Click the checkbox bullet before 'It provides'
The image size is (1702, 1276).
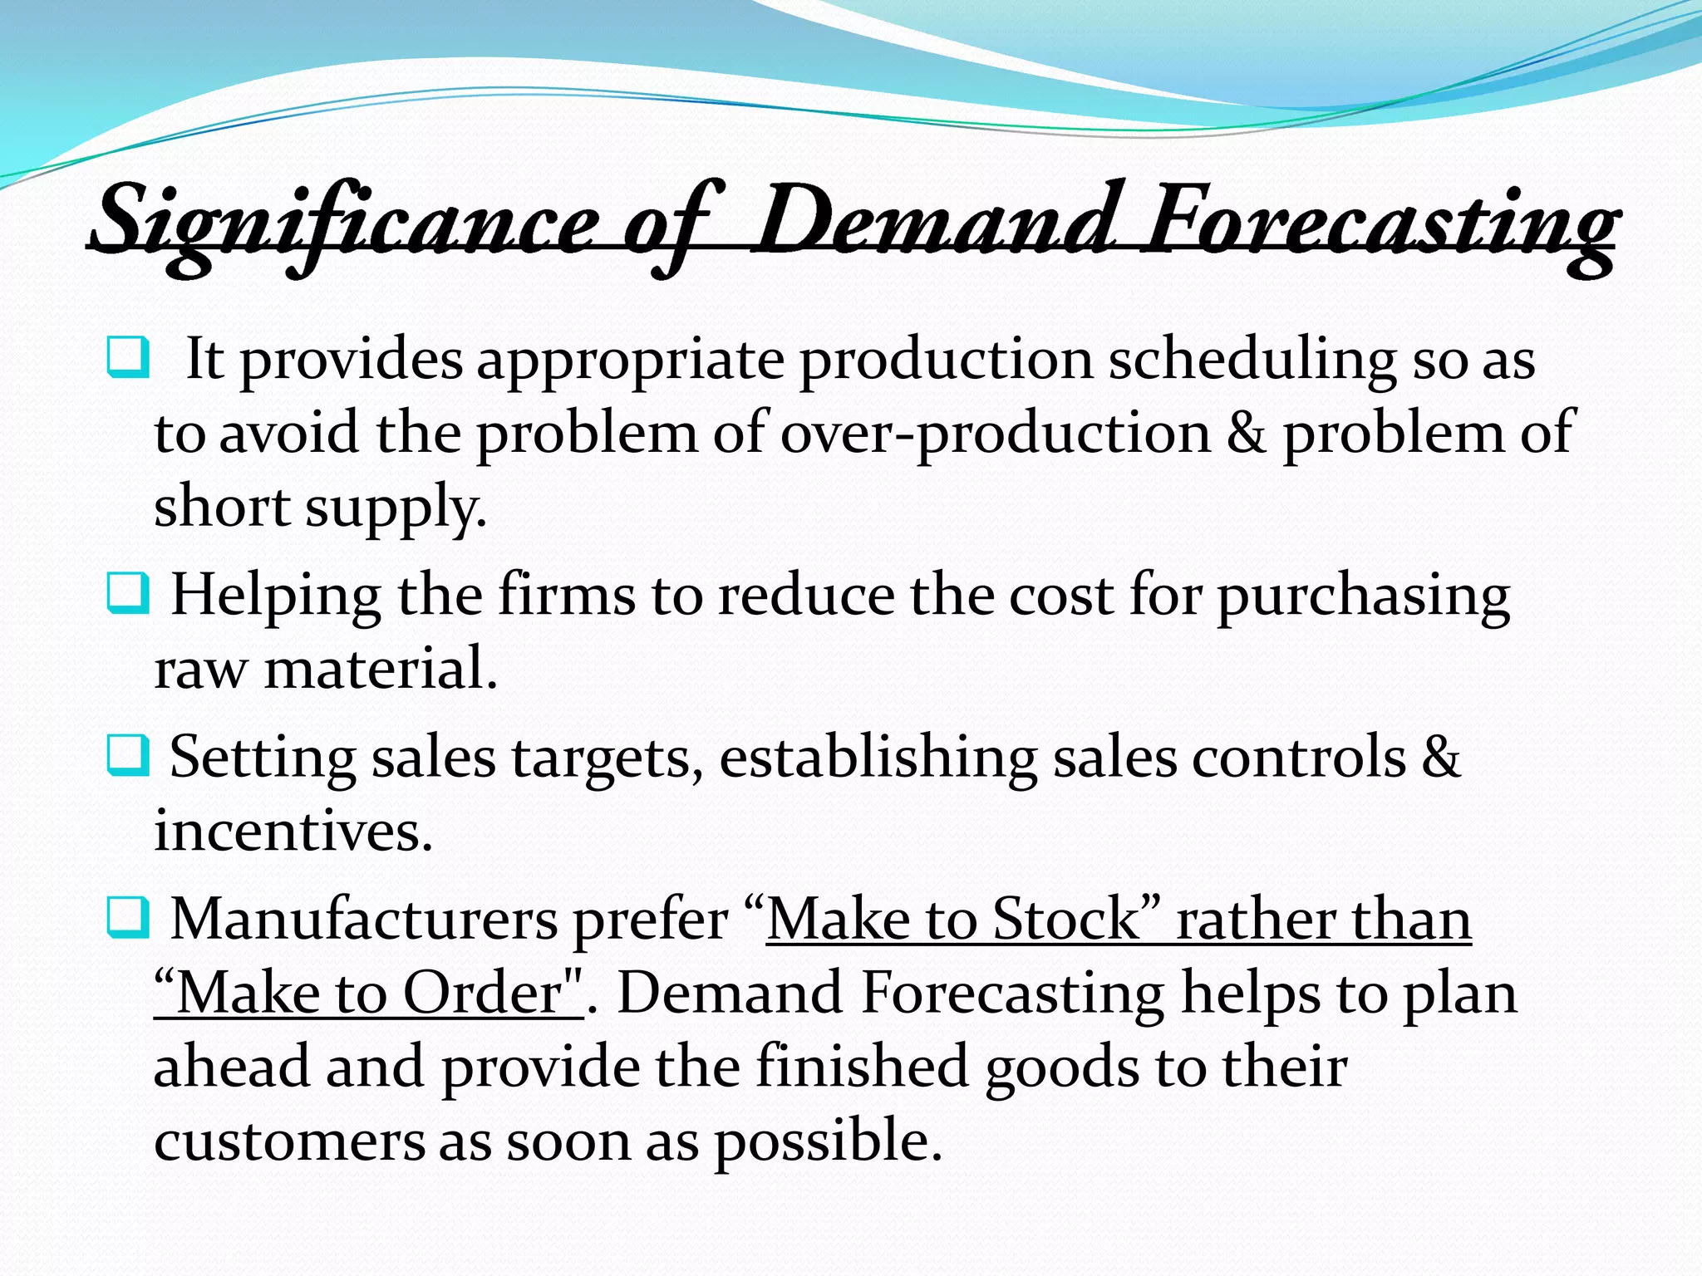(128, 357)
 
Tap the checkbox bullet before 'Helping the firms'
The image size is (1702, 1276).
(128, 594)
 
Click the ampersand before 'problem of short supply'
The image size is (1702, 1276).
(1247, 433)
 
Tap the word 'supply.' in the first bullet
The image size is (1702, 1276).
(396, 508)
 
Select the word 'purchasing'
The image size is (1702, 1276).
(1364, 596)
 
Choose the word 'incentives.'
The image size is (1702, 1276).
(293, 830)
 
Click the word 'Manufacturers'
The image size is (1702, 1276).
(364, 919)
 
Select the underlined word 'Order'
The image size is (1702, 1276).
(483, 993)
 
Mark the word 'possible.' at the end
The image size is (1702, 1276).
(829, 1141)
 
